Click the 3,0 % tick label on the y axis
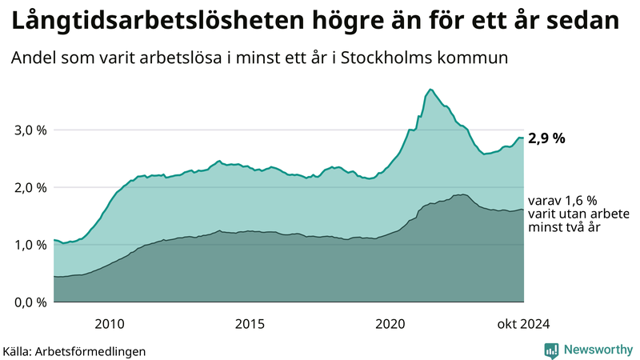point(30,130)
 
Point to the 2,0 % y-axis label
point(30,188)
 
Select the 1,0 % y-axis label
point(30,245)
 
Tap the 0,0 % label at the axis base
point(30,302)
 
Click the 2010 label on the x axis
point(110,324)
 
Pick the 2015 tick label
point(250,324)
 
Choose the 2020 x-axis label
point(390,324)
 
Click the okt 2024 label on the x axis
point(523,324)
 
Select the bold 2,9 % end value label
point(546,138)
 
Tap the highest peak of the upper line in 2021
point(430,89)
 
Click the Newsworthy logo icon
point(551,350)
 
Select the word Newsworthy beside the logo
point(597,350)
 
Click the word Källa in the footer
point(18,351)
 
